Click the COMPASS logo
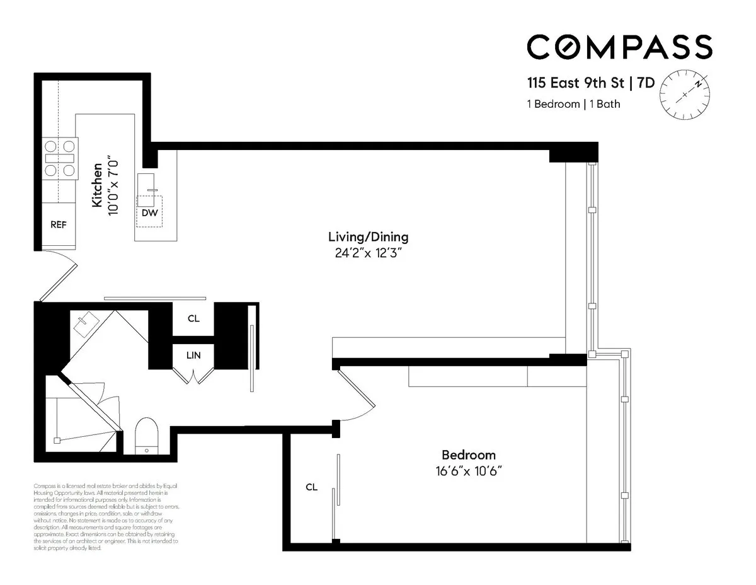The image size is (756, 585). coord(619,47)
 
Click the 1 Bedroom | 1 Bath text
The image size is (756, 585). coord(573,104)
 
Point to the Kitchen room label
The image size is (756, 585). coord(97,186)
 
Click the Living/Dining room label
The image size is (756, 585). coord(368,237)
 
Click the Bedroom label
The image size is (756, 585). coord(468,455)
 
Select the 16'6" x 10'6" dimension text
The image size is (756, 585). coord(468,471)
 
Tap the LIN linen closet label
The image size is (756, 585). coord(193,356)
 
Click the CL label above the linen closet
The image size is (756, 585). coord(193,319)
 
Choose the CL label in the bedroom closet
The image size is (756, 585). coord(311,487)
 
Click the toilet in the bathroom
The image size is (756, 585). coord(146,434)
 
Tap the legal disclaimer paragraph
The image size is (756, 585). coord(106,517)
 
